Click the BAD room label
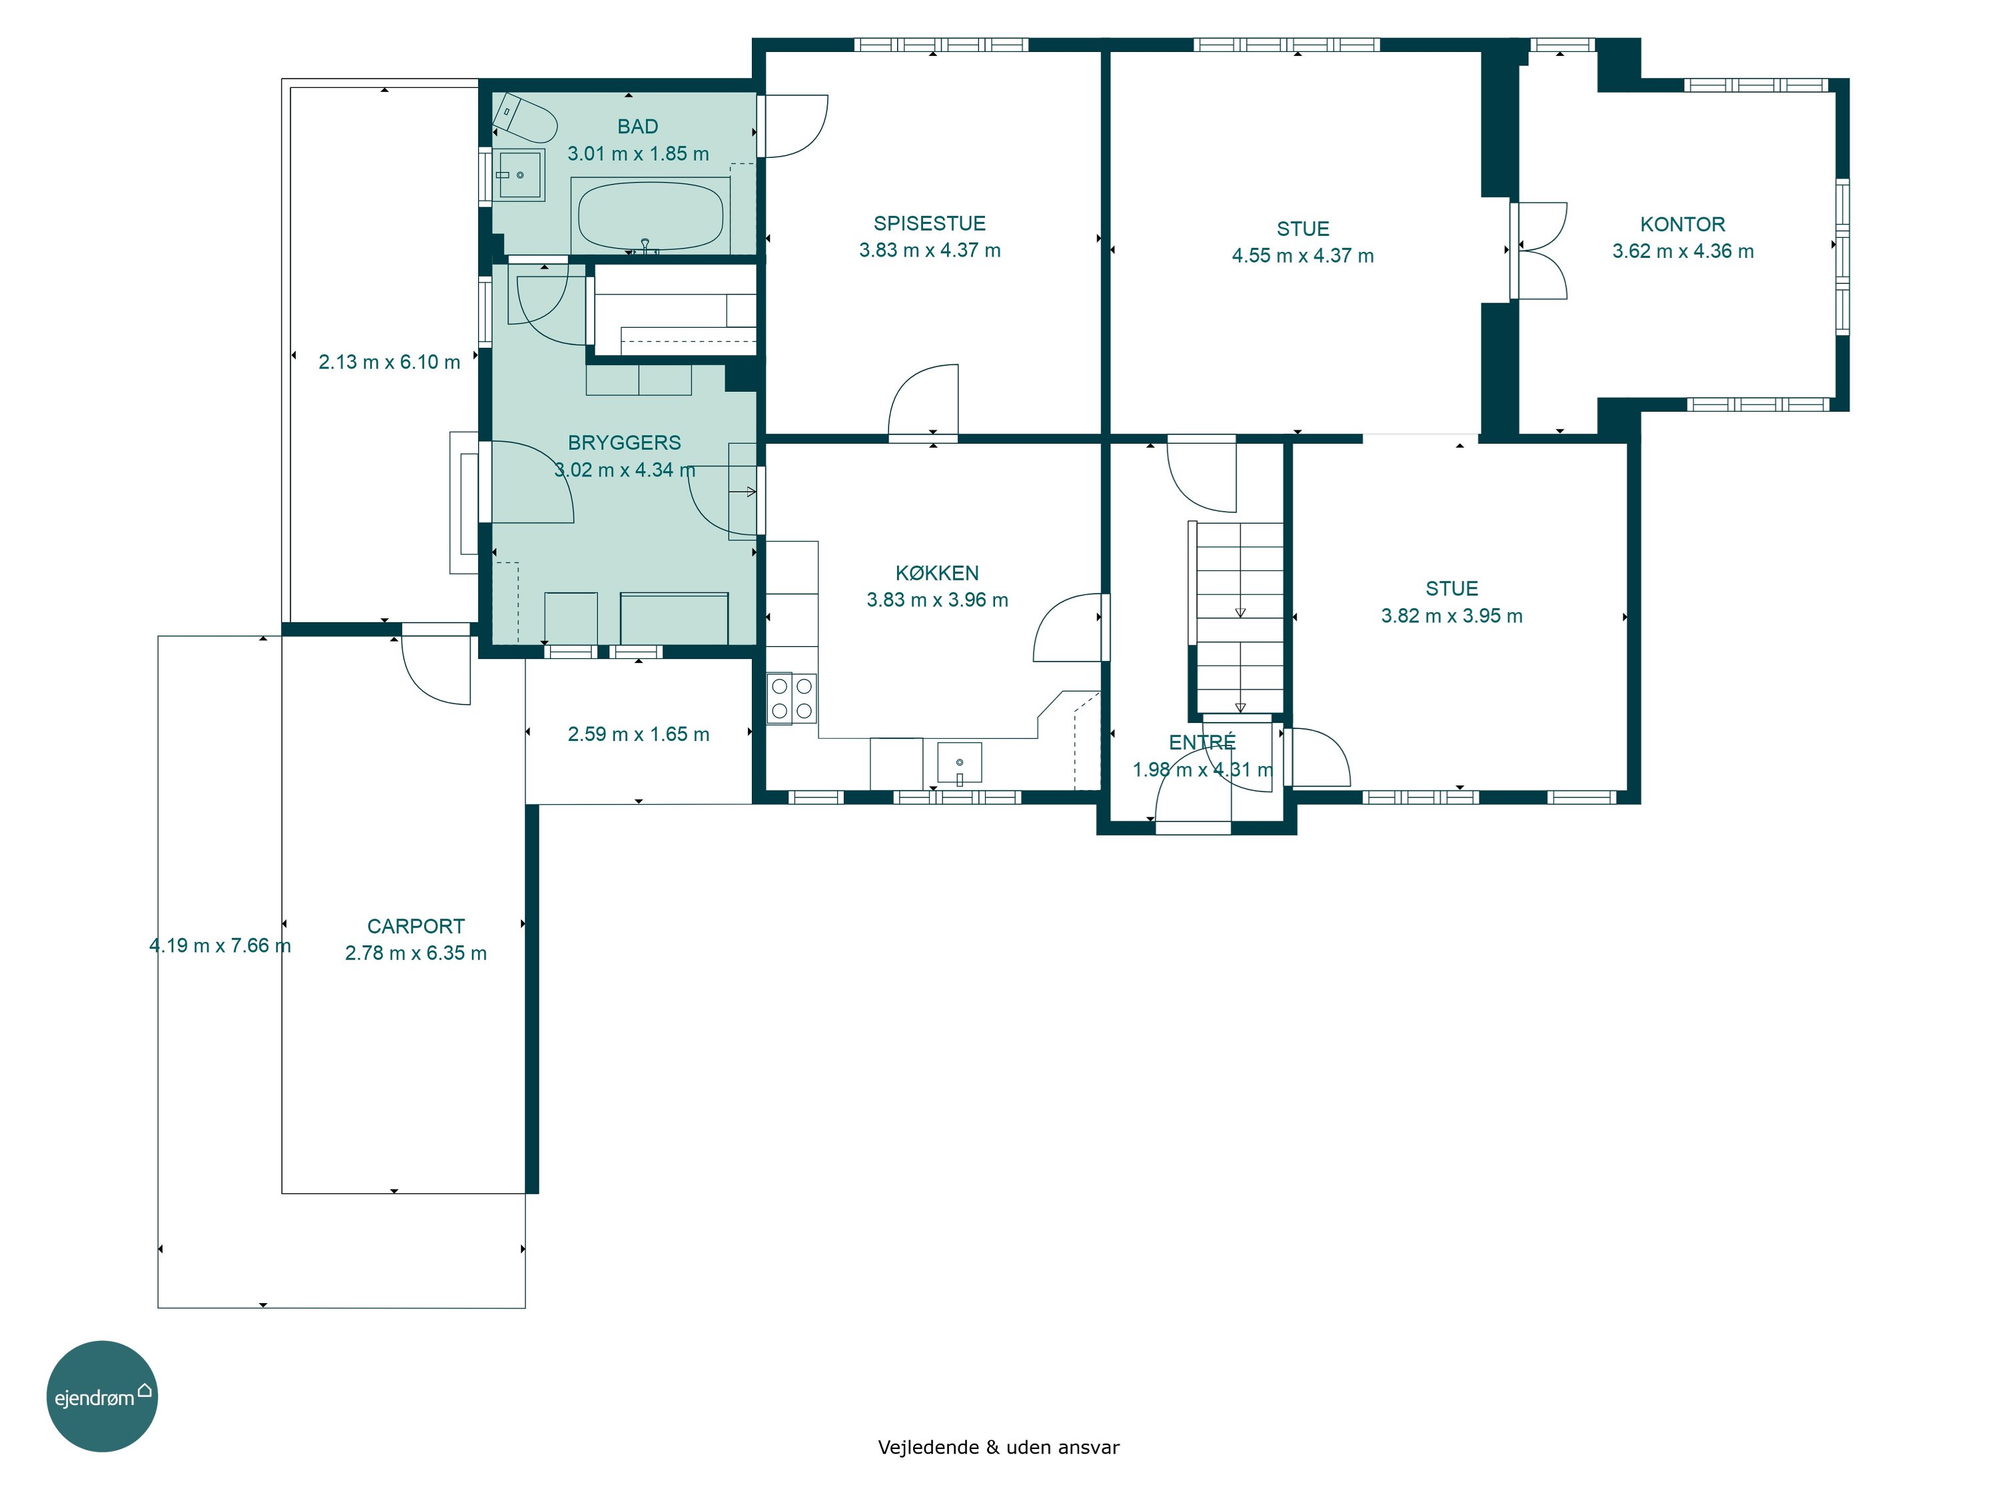638,127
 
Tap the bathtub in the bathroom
650,217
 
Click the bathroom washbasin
519,175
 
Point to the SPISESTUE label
930,223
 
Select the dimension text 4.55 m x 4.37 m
1303,256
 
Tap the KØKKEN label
936,573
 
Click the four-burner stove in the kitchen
792,698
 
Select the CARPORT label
416,926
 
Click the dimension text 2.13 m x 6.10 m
390,362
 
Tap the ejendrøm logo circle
102,1396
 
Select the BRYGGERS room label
624,443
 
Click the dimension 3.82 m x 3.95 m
1451,616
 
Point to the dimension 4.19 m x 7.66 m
220,946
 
